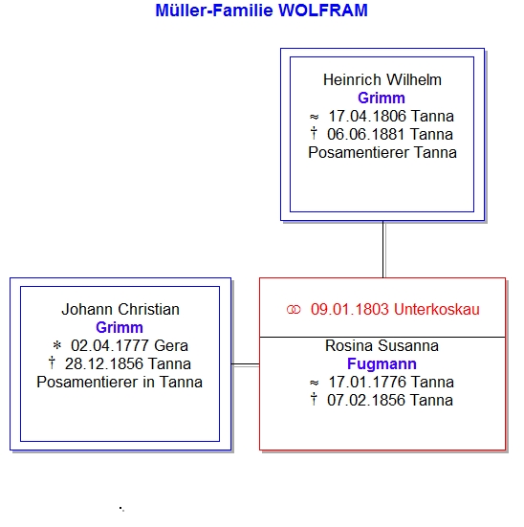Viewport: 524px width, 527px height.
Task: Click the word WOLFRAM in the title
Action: tap(323, 11)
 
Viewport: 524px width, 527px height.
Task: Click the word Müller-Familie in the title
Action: tap(214, 11)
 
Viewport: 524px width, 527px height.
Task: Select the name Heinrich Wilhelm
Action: tap(382, 80)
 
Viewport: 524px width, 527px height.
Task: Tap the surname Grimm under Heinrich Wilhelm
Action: tap(382, 99)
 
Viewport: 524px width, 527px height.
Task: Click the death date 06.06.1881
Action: tap(366, 135)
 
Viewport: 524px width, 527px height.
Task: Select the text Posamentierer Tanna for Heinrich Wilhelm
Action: tap(382, 153)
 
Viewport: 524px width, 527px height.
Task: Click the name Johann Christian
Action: tap(120, 310)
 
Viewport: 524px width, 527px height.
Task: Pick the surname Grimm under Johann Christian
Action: tap(120, 328)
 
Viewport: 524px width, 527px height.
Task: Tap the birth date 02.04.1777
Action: tap(110, 346)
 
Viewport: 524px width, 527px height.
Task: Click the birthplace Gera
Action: tap(171, 346)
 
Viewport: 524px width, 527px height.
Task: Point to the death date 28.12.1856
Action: tap(104, 364)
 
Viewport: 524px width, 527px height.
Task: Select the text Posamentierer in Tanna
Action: tap(120, 383)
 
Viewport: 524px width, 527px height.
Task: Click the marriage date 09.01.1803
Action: tap(350, 310)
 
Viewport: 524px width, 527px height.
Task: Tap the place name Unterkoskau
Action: tap(437, 310)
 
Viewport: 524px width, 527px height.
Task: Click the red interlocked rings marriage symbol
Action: tap(294, 310)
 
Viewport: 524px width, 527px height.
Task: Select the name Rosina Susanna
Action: tap(382, 346)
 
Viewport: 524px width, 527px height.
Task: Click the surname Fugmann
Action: tap(382, 364)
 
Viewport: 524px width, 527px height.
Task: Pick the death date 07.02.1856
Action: tap(366, 401)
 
